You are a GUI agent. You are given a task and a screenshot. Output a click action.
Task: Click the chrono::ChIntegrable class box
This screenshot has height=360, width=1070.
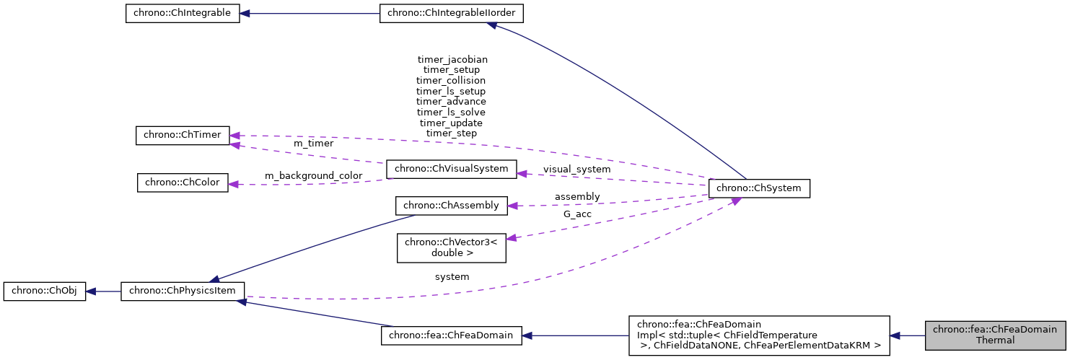pos(183,14)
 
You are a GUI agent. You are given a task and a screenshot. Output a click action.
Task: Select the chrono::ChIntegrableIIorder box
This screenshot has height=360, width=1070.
pos(452,14)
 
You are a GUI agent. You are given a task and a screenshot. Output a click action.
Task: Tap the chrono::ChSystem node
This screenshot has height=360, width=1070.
pos(760,188)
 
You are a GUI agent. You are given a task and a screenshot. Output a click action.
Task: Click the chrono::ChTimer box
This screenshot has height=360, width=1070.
pos(183,135)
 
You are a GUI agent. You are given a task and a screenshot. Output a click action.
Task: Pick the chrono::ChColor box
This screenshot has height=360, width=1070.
pos(183,183)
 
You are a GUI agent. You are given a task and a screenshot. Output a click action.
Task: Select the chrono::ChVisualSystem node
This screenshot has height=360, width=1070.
pos(452,170)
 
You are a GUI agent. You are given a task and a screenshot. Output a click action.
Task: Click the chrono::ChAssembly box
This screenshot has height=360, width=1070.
pos(452,206)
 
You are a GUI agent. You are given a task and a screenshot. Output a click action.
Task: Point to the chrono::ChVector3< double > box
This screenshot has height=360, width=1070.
pos(452,247)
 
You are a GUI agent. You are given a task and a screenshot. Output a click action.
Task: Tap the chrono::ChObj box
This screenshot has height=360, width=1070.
pos(45,292)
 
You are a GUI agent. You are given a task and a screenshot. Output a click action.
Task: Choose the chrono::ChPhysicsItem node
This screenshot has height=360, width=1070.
pos(183,292)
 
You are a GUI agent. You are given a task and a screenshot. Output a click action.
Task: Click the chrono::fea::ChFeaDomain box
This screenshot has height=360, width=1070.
pos(451,335)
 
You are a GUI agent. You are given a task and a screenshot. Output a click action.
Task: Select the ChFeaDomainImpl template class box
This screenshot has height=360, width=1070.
pos(758,335)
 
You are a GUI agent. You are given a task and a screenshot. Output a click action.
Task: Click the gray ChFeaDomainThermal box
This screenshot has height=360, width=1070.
pos(995,335)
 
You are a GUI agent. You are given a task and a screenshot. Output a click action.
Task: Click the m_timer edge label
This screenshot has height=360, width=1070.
pos(313,144)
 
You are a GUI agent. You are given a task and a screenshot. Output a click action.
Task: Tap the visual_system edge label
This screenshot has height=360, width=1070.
pos(576,169)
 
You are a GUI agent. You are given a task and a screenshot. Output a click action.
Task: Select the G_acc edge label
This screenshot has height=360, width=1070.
pos(576,214)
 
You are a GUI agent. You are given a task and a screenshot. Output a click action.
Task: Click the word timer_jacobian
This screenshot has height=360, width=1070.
pos(452,59)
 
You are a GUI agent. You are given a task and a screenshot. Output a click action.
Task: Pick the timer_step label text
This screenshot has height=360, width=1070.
pos(451,133)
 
